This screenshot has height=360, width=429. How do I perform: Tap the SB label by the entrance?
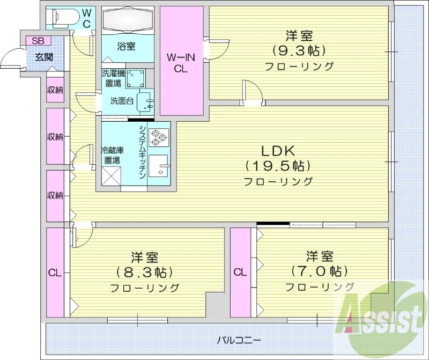(38, 41)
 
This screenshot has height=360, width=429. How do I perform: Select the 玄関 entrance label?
(44, 57)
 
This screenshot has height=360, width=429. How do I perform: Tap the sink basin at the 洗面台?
(144, 101)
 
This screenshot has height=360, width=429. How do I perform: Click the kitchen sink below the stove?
(159, 167)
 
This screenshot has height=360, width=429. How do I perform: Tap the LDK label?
(278, 150)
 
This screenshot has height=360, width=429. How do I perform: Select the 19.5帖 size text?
(278, 165)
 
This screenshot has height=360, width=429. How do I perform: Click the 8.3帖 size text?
(144, 271)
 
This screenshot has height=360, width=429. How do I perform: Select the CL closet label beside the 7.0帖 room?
(240, 272)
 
